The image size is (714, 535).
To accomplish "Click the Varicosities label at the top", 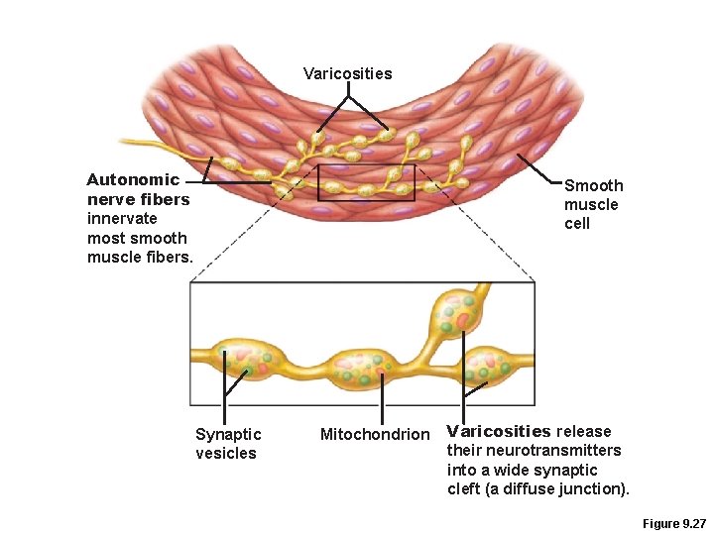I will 347,73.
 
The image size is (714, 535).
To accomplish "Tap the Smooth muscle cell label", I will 593,204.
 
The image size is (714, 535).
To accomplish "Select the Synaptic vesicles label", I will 228,443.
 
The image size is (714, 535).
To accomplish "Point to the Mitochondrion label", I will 375,434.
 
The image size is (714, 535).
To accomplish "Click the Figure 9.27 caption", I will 673,522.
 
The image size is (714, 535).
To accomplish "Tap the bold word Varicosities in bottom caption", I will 499,431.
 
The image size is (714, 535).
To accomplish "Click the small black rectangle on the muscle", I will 366,182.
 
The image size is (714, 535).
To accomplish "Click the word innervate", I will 122,218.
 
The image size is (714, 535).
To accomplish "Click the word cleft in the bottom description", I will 464,488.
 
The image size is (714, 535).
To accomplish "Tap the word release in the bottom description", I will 584,431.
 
